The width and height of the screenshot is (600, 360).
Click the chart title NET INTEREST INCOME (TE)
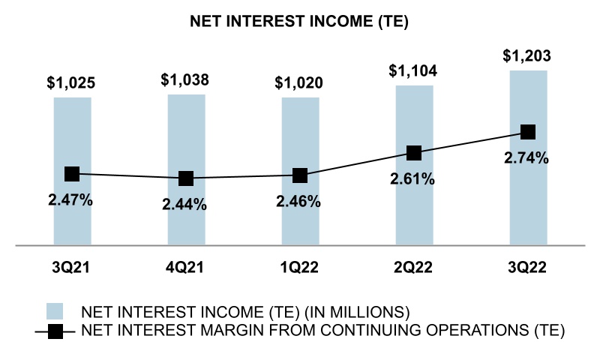coord(300,22)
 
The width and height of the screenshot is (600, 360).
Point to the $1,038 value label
coord(186,79)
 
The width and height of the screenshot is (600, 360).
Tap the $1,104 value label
coord(414,72)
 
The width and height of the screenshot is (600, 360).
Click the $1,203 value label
coord(528,57)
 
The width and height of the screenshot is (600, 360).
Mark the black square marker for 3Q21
coord(72,174)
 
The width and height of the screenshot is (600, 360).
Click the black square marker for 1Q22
coord(300,175)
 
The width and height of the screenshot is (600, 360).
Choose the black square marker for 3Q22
coord(528,132)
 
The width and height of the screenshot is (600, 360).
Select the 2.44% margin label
coord(186,204)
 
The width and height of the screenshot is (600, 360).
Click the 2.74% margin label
coord(528,158)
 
